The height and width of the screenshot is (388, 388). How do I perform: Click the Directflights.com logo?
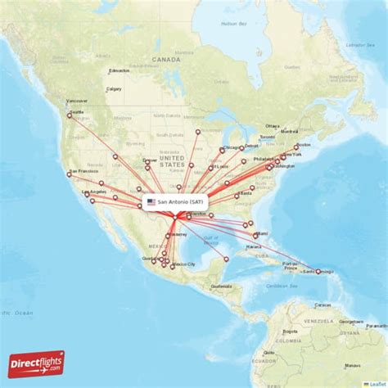(x=37, y=363)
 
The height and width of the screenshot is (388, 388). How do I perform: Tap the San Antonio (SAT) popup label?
(x=180, y=201)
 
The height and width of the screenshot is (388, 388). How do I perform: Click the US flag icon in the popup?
(x=151, y=201)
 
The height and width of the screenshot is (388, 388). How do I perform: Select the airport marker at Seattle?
(x=70, y=115)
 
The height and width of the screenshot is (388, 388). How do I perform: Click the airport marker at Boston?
(x=296, y=147)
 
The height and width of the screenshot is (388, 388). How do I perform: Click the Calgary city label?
(x=114, y=88)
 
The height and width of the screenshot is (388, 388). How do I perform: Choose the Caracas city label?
(x=321, y=304)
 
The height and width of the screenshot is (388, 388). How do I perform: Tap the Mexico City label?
(x=185, y=264)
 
